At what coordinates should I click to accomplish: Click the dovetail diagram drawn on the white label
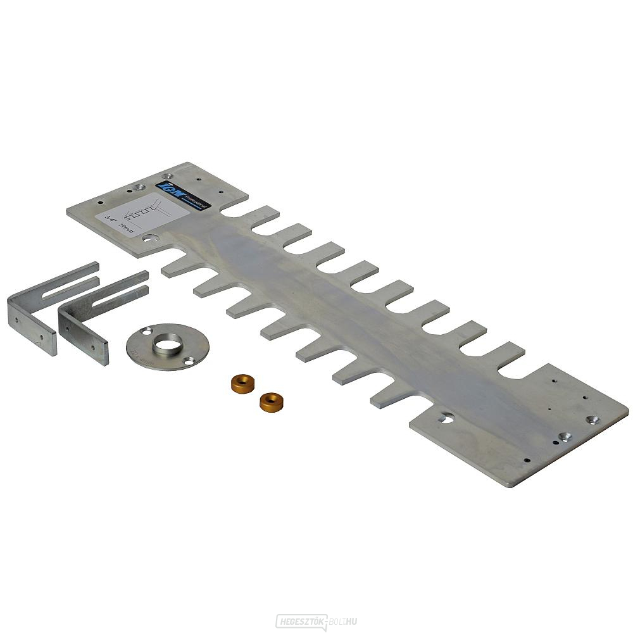(148, 213)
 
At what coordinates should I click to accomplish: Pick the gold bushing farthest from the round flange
(270, 400)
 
